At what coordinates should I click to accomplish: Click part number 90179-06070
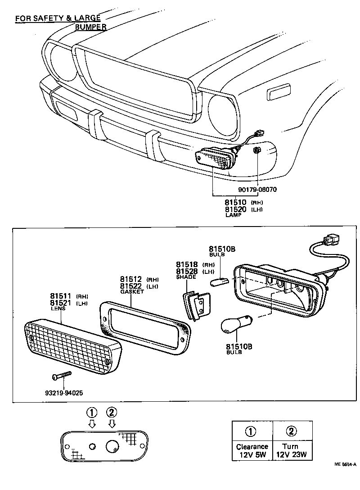click(255, 190)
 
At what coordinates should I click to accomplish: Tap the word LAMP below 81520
click(234, 216)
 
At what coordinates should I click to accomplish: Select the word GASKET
click(132, 292)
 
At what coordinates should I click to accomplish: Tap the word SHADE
click(186, 277)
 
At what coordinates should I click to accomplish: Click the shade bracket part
click(197, 305)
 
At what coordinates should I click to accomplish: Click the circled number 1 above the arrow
click(92, 412)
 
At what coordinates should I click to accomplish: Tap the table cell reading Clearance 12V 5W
click(252, 450)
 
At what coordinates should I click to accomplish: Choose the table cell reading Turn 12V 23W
click(292, 450)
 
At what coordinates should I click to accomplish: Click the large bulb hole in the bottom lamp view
click(112, 446)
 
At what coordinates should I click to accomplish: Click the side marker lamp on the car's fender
click(280, 93)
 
